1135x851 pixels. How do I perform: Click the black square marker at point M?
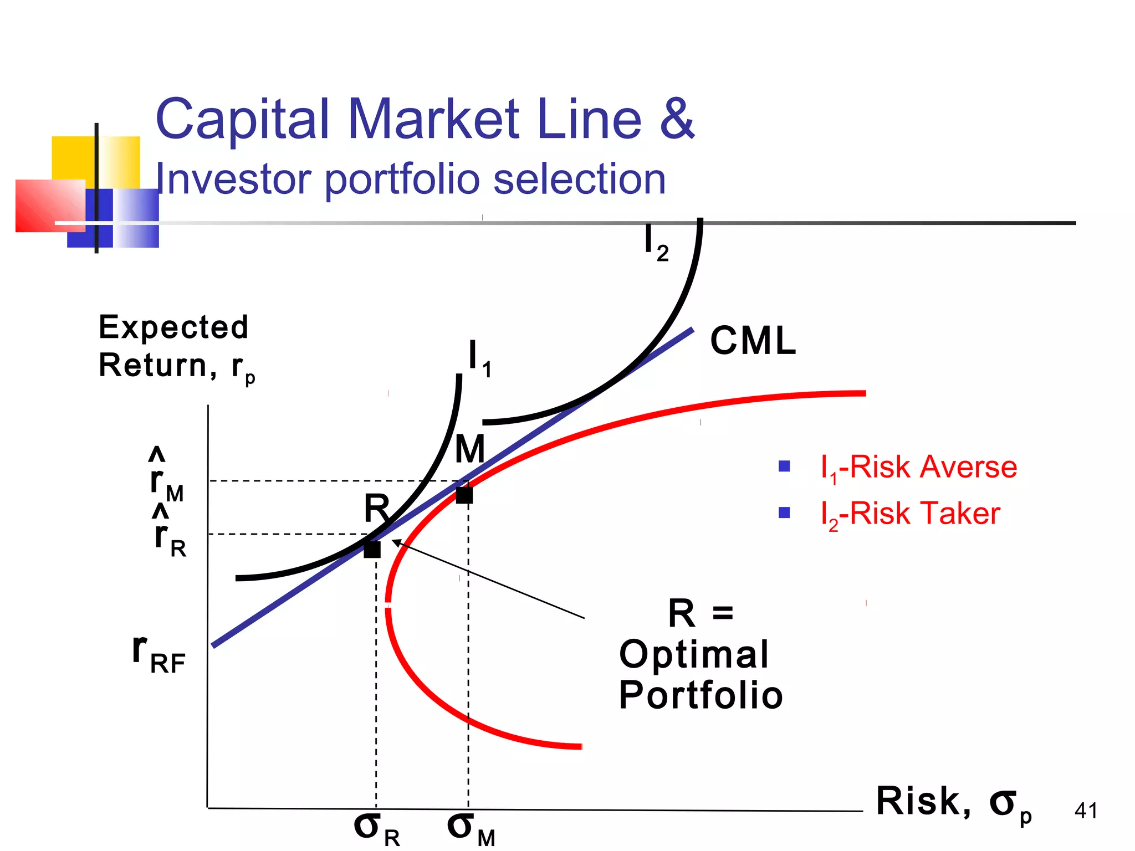[464, 495]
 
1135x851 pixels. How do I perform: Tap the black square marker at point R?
[372, 550]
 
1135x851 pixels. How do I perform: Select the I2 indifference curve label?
[656, 244]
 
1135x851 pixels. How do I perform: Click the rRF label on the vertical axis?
[159, 655]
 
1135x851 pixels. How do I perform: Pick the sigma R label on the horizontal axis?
[376, 829]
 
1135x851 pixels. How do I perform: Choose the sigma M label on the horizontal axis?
[471, 829]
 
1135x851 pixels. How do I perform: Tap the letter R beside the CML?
[377, 508]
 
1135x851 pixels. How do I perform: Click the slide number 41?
[1086, 811]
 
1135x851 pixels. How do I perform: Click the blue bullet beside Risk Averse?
[784, 466]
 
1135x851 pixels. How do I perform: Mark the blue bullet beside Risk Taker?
[784, 512]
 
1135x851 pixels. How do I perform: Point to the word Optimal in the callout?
[694, 654]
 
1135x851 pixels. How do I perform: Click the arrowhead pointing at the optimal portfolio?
[396, 542]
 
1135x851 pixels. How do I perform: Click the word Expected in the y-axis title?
[173, 327]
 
